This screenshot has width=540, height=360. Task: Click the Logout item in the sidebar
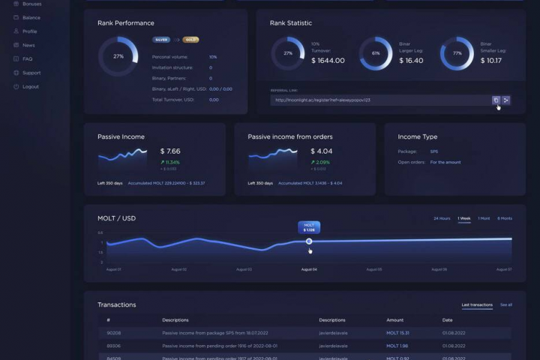(30, 86)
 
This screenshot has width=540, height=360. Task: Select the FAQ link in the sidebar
(27, 58)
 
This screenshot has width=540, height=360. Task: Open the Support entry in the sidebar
(31, 73)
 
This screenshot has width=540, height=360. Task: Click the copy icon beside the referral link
(496, 100)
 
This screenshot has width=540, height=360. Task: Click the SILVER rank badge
(161, 40)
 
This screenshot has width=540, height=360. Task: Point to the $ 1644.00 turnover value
(328, 61)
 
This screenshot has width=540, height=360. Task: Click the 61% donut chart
(376, 54)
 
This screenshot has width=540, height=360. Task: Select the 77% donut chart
(457, 54)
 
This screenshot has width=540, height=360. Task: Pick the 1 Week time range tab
(464, 218)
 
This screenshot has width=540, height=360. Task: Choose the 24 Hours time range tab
(442, 218)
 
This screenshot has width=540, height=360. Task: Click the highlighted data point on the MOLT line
(309, 241)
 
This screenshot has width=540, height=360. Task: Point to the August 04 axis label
(309, 269)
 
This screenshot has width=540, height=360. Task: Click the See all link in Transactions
(506, 305)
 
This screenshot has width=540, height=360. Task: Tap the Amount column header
(394, 320)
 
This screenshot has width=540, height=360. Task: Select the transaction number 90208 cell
(114, 332)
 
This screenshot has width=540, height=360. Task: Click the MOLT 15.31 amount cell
(397, 332)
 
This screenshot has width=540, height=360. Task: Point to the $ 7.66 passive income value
(170, 151)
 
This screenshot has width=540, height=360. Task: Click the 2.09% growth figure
(322, 162)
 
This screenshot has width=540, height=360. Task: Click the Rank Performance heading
(126, 23)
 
